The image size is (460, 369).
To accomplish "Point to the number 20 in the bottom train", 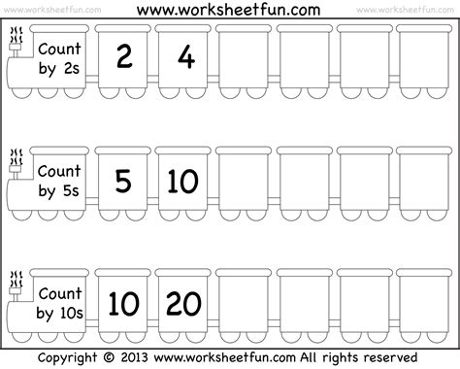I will pyautogui.click(x=183, y=304).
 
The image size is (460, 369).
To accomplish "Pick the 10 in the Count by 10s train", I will pyautogui.click(x=123, y=304).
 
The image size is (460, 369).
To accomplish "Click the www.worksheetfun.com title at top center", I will pyautogui.click(x=229, y=10).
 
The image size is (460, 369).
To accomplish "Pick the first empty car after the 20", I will pyautogui.click(x=244, y=304).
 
